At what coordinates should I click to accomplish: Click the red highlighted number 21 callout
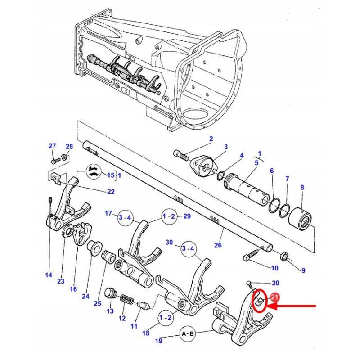coord(275,297)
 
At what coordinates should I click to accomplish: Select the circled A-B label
coord(188,334)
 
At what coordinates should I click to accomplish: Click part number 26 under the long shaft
coord(218,245)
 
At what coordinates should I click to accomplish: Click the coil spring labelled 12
coord(127,300)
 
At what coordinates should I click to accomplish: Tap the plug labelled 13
coord(111,293)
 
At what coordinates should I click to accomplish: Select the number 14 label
coord(49,275)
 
